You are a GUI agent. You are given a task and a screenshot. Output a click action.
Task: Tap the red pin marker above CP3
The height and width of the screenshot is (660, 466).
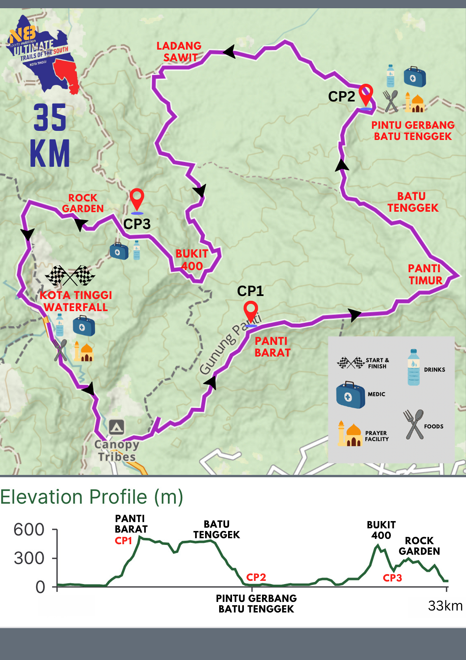tap(137, 199)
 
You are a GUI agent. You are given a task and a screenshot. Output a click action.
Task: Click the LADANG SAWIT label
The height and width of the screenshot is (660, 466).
tap(179, 51)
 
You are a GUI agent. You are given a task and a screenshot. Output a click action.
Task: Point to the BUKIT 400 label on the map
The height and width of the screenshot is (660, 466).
tap(192, 260)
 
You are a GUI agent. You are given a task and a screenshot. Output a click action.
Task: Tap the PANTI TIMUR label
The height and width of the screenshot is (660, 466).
tap(425, 274)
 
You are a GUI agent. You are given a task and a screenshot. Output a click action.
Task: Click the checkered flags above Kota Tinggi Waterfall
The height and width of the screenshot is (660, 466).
tap(70, 276)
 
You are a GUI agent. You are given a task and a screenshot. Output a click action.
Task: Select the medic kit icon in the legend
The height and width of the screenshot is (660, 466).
tap(350, 395)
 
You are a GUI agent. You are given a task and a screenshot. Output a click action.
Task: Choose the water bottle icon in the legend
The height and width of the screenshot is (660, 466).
tap(414, 367)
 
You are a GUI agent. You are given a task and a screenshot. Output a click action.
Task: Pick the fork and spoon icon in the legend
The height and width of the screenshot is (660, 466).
tap(414, 424)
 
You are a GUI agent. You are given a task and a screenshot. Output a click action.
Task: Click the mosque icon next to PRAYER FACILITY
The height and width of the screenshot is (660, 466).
tap(349, 434)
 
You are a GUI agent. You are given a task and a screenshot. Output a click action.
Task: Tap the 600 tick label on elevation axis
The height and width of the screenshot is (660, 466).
tap(29, 530)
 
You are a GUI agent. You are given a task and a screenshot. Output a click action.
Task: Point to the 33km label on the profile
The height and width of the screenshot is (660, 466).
tap(445, 606)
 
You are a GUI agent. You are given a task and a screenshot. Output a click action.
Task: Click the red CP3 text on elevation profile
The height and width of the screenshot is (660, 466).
tap(392, 578)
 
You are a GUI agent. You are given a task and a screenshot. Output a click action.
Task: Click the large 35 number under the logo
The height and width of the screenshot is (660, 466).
tap(50, 117)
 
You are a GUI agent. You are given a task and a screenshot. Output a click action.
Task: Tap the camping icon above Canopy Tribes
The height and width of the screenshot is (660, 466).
tap(117, 427)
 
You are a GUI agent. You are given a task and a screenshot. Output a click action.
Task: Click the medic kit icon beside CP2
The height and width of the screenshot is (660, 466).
tap(415, 77)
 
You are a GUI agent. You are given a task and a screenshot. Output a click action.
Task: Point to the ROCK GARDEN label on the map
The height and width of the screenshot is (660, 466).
tap(83, 203)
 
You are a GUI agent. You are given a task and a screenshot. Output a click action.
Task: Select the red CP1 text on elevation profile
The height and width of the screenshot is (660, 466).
tap(123, 541)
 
